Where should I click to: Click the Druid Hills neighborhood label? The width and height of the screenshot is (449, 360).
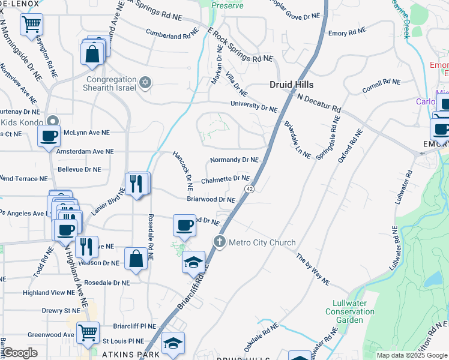292,85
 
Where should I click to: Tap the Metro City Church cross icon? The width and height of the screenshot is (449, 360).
219,242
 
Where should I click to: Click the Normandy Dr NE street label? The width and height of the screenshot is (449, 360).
234,160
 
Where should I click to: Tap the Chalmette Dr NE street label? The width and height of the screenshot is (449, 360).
225,179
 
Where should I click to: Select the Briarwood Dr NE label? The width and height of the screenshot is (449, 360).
211,199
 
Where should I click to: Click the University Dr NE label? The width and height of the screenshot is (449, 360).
255,106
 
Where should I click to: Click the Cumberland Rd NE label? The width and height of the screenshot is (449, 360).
172,35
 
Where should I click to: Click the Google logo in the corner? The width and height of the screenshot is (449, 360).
20,353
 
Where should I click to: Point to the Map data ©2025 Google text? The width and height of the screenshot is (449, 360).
411,355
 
